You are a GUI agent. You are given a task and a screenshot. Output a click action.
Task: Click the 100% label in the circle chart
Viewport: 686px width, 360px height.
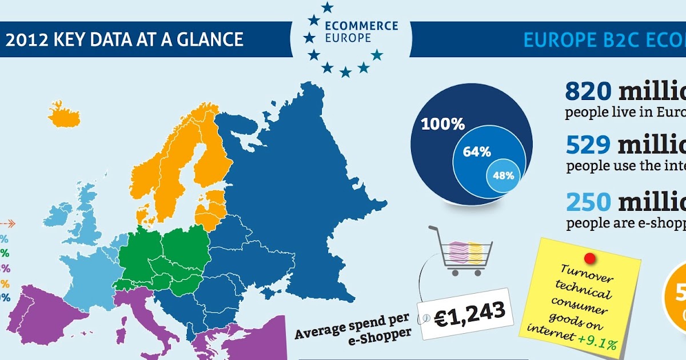coord(442,124)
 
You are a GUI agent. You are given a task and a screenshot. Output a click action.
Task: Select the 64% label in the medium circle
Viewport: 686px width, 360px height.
coord(477,152)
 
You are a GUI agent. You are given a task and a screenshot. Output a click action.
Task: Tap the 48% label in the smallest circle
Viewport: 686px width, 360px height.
coord(503,175)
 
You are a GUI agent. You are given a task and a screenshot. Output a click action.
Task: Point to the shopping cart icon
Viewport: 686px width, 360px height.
coord(460,251)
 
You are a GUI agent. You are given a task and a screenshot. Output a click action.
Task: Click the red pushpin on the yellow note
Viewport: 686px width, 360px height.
coord(590,258)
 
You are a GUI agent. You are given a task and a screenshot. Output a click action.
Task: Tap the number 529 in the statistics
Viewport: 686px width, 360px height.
coord(588,146)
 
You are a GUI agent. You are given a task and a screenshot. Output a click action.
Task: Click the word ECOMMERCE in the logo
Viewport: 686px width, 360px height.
coord(361,26)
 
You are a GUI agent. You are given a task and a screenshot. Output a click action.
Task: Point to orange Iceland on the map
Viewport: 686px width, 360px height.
coord(64,115)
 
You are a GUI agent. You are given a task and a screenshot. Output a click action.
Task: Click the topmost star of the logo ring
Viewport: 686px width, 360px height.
coord(327,7)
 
